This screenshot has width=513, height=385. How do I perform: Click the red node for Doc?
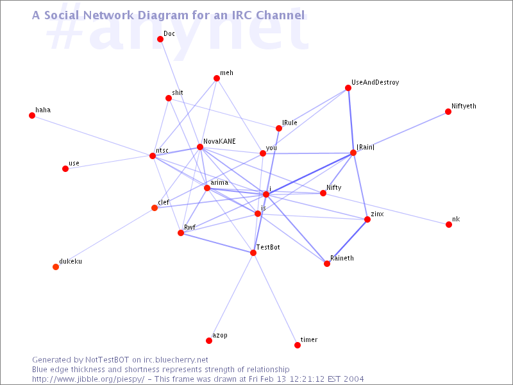pyautogui.click(x=160, y=39)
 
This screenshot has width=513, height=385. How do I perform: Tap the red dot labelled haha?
pyautogui.click(x=32, y=116)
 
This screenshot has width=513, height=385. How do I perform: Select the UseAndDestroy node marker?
pyautogui.click(x=348, y=88)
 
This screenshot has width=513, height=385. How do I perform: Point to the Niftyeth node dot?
pyautogui.click(x=448, y=112)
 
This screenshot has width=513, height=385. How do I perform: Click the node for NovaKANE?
pyautogui.click(x=200, y=147)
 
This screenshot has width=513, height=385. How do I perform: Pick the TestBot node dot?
pyautogui.click(x=253, y=253)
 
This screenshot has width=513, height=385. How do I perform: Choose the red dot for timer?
pyautogui.click(x=298, y=345)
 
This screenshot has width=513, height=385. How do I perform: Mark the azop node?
pyautogui.click(x=209, y=341)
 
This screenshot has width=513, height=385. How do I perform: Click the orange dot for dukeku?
pyautogui.click(x=56, y=267)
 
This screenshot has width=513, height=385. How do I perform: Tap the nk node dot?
pyautogui.click(x=449, y=225)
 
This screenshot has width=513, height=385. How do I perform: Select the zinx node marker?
pyautogui.click(x=367, y=219)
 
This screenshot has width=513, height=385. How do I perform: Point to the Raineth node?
pyautogui.click(x=327, y=264)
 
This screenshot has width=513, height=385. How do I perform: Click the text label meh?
pyautogui.click(x=226, y=73)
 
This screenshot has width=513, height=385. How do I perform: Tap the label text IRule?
pyautogui.click(x=290, y=123)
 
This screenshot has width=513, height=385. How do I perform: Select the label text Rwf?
pyautogui.click(x=190, y=227)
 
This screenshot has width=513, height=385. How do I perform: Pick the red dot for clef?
pyautogui.click(x=155, y=208)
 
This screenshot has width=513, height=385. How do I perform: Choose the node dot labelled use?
pyautogui.click(x=65, y=169)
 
